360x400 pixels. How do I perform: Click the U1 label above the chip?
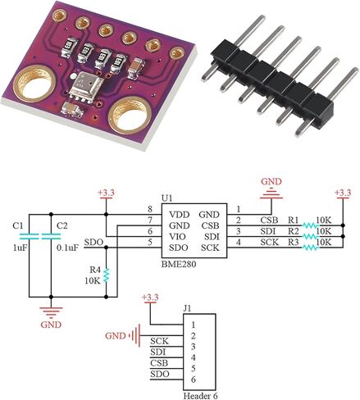tap(166, 198)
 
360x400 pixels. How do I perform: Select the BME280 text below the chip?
tap(179, 265)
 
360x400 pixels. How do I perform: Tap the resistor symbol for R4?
tap(107, 275)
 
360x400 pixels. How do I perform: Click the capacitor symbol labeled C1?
tap(29, 236)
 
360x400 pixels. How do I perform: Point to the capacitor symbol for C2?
tap(51, 236)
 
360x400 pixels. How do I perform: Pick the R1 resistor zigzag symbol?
tap(310, 225)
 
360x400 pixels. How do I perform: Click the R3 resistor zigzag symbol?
tap(310, 248)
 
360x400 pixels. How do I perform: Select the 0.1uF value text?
tap(67, 248)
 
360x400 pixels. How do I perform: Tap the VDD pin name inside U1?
tap(180, 215)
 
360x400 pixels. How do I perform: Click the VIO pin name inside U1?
tap(177, 237)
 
